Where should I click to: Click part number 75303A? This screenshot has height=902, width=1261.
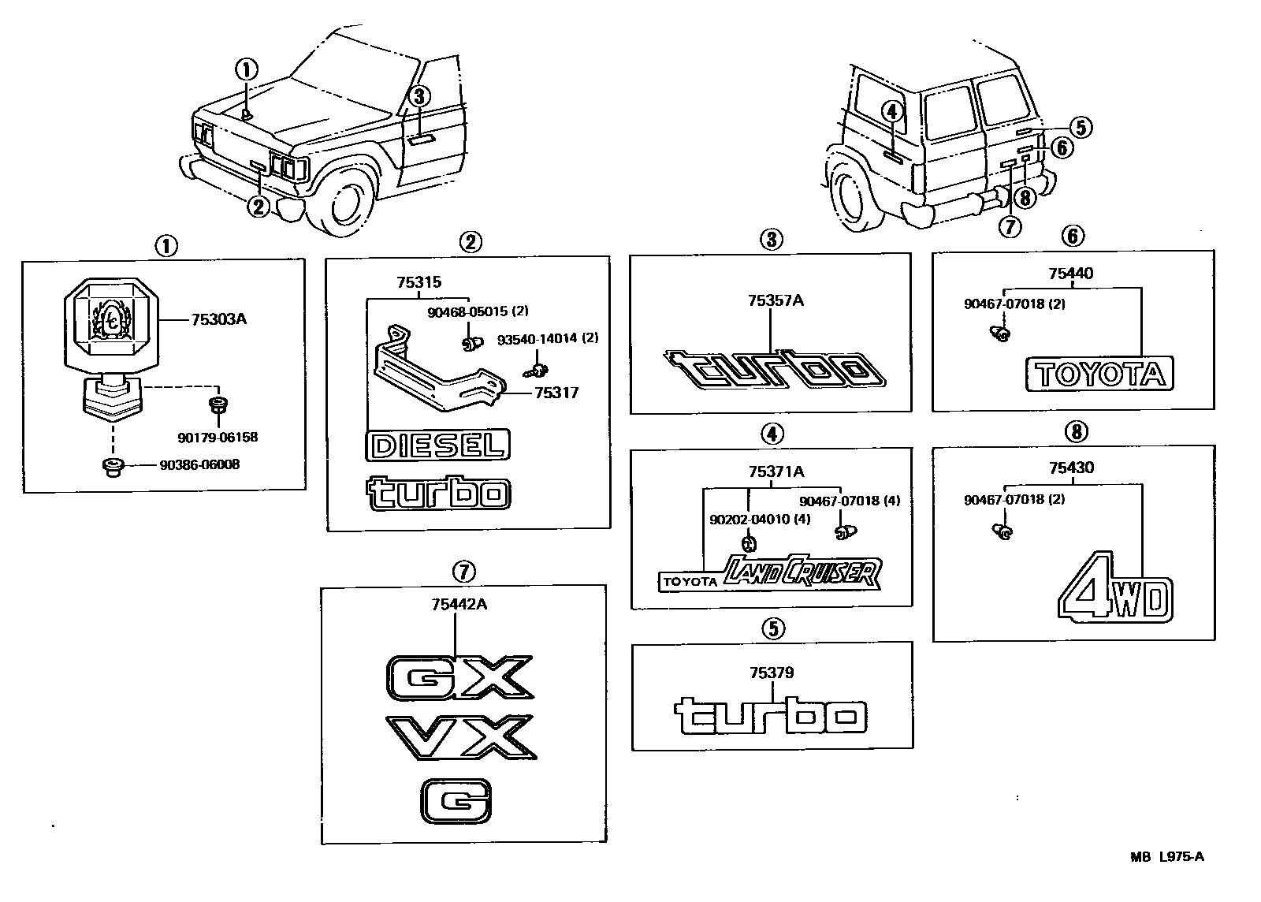(218, 319)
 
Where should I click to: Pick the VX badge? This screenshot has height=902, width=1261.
(460, 737)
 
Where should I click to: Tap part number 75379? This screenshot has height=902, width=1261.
(772, 673)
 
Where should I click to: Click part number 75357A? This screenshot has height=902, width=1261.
(776, 300)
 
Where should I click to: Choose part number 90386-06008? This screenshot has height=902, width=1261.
(199, 465)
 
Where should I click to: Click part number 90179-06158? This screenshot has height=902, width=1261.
(218, 437)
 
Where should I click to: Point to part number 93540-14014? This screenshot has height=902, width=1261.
(546, 339)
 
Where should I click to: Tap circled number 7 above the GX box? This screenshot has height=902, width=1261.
(463, 570)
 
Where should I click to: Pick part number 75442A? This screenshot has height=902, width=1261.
(459, 605)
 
